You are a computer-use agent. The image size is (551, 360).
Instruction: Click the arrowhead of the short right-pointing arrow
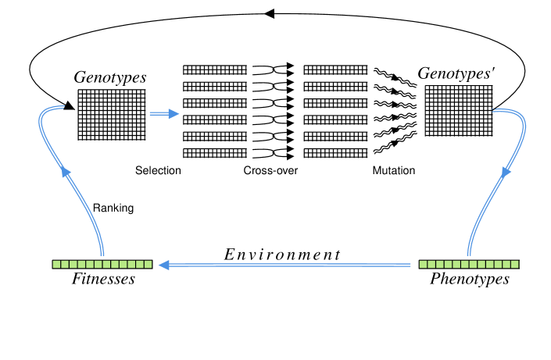(174, 114)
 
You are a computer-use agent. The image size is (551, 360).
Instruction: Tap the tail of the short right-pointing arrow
(150, 114)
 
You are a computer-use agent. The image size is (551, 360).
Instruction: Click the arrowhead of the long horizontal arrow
(163, 266)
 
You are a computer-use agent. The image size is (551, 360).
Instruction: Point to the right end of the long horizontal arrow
(411, 266)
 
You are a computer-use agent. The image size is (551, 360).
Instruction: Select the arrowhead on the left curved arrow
(66, 173)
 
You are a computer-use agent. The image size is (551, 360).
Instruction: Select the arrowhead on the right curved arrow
(506, 171)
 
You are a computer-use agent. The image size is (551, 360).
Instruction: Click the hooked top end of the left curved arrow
(63, 107)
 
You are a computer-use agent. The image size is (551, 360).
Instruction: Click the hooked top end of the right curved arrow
(492, 110)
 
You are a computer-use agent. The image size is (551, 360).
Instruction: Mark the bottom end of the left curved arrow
(102, 255)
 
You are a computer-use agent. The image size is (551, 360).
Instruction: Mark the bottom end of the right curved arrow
(468, 255)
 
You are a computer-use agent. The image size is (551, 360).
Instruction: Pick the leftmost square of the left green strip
(56, 265)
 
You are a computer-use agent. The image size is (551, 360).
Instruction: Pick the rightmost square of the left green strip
(148, 265)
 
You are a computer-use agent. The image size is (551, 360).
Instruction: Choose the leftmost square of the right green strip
(423, 265)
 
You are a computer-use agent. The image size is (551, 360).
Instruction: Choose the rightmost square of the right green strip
(515, 265)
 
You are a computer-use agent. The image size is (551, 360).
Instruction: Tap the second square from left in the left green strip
(65, 265)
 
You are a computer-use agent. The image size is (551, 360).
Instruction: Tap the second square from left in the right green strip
(431, 265)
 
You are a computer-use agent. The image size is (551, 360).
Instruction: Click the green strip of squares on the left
(102, 265)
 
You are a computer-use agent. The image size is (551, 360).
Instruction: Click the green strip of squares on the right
(469, 265)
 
